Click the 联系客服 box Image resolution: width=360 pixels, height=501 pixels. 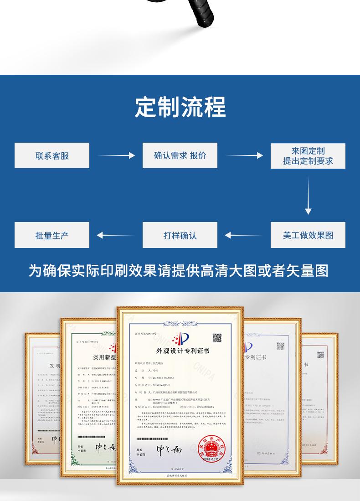52,155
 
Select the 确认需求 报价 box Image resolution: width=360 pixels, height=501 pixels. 180,155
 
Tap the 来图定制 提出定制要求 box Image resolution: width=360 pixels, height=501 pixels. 308,155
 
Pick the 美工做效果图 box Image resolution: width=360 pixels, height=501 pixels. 308,235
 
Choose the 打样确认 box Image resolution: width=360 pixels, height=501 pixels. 180,235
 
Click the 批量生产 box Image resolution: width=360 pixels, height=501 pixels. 52,235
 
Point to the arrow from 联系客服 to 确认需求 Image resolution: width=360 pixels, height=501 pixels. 116,155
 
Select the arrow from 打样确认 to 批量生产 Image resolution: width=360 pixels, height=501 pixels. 116,235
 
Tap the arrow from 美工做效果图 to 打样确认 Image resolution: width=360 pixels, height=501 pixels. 244,235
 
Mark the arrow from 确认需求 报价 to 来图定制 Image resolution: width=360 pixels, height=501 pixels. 244,155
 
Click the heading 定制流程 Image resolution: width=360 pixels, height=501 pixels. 180,107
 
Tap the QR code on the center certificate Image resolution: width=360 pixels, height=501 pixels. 217,338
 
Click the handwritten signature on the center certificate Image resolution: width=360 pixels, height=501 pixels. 170,449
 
